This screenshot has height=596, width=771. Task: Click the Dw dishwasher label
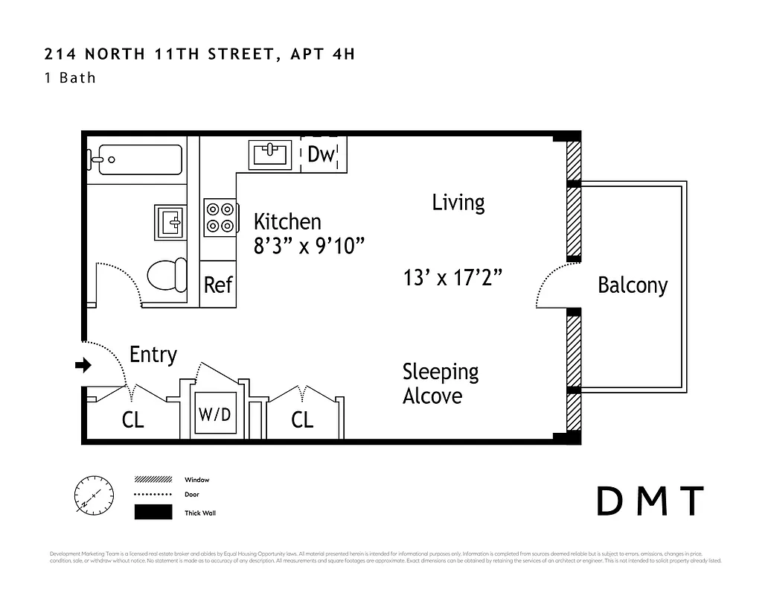tap(321, 154)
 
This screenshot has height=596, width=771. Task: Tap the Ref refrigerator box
tap(218, 285)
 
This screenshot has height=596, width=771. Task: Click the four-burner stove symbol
tap(220, 218)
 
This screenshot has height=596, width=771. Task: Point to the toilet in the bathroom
tap(167, 275)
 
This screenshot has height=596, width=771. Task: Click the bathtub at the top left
tap(135, 159)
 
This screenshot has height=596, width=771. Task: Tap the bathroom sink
tap(170, 222)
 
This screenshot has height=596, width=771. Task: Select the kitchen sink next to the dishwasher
tap(270, 154)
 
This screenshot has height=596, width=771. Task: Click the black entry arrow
tap(83, 365)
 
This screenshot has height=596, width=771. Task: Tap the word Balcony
tap(633, 285)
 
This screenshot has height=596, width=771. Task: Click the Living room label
tap(458, 203)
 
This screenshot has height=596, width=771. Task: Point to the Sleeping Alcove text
tap(440, 384)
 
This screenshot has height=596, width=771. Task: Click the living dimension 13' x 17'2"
tap(452, 278)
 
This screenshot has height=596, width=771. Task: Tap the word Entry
tap(153, 355)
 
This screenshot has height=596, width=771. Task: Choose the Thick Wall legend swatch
tap(153, 513)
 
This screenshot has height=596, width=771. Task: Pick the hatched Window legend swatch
tap(153, 479)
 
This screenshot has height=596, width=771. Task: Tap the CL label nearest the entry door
tap(132, 420)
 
